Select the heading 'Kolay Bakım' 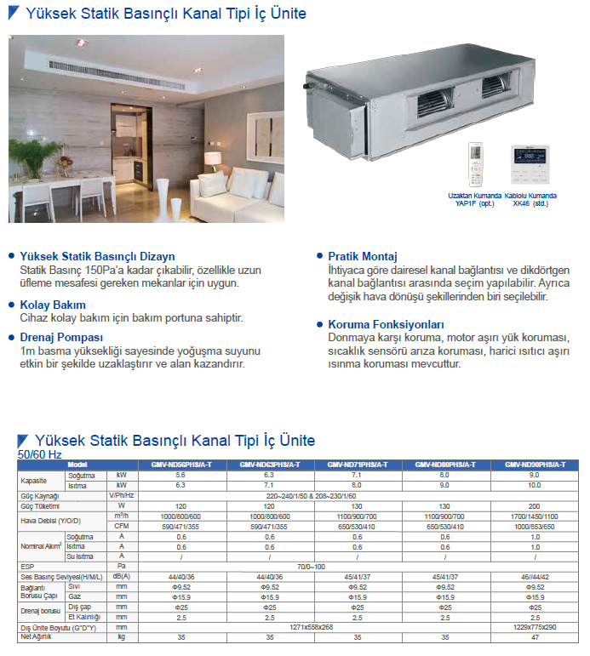(52, 304)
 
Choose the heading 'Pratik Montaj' (363, 256)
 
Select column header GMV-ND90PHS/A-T (535, 465)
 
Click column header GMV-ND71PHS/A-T (358, 465)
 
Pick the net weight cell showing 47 (534, 636)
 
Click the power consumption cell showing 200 (534, 506)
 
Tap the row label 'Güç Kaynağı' (40, 496)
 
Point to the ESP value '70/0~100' (313, 565)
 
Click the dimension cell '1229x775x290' (534, 626)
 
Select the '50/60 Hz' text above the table (40, 454)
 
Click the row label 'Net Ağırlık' (37, 636)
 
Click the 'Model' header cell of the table (77, 465)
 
